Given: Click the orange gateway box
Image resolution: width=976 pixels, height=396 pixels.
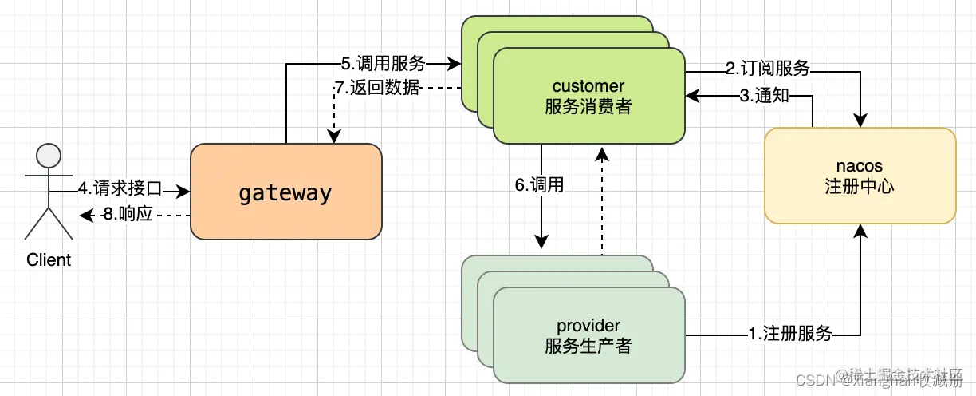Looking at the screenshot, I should point(285,192).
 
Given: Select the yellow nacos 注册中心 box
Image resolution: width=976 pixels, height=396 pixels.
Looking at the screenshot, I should point(860,176).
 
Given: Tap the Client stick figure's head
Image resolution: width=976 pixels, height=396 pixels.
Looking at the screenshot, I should point(49,154).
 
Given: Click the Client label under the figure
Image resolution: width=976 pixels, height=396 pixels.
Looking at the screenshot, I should point(49,259).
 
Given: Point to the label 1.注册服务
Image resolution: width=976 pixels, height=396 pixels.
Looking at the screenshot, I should point(790,334).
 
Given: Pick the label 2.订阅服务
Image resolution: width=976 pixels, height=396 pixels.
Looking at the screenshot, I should point(767,69).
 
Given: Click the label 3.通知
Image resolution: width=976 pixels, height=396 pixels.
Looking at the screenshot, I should point(764,96).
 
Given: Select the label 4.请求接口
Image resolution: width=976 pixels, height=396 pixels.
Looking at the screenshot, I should point(120,189).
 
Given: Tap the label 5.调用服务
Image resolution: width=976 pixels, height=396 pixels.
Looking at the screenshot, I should point(383,63).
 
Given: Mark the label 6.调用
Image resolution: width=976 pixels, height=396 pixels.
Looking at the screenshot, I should point(539,185).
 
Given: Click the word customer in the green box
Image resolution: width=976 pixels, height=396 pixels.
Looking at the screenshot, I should point(588,85).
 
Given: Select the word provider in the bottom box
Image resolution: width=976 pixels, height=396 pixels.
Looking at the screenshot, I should point(588,325).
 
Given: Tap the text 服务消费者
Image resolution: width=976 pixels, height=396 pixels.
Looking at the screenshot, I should point(588,106).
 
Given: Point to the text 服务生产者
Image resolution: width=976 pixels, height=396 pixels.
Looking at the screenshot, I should point(588,346).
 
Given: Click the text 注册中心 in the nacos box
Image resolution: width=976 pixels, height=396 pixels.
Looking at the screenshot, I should point(860,187).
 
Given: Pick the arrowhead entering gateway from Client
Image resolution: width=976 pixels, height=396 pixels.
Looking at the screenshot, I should point(185,192).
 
